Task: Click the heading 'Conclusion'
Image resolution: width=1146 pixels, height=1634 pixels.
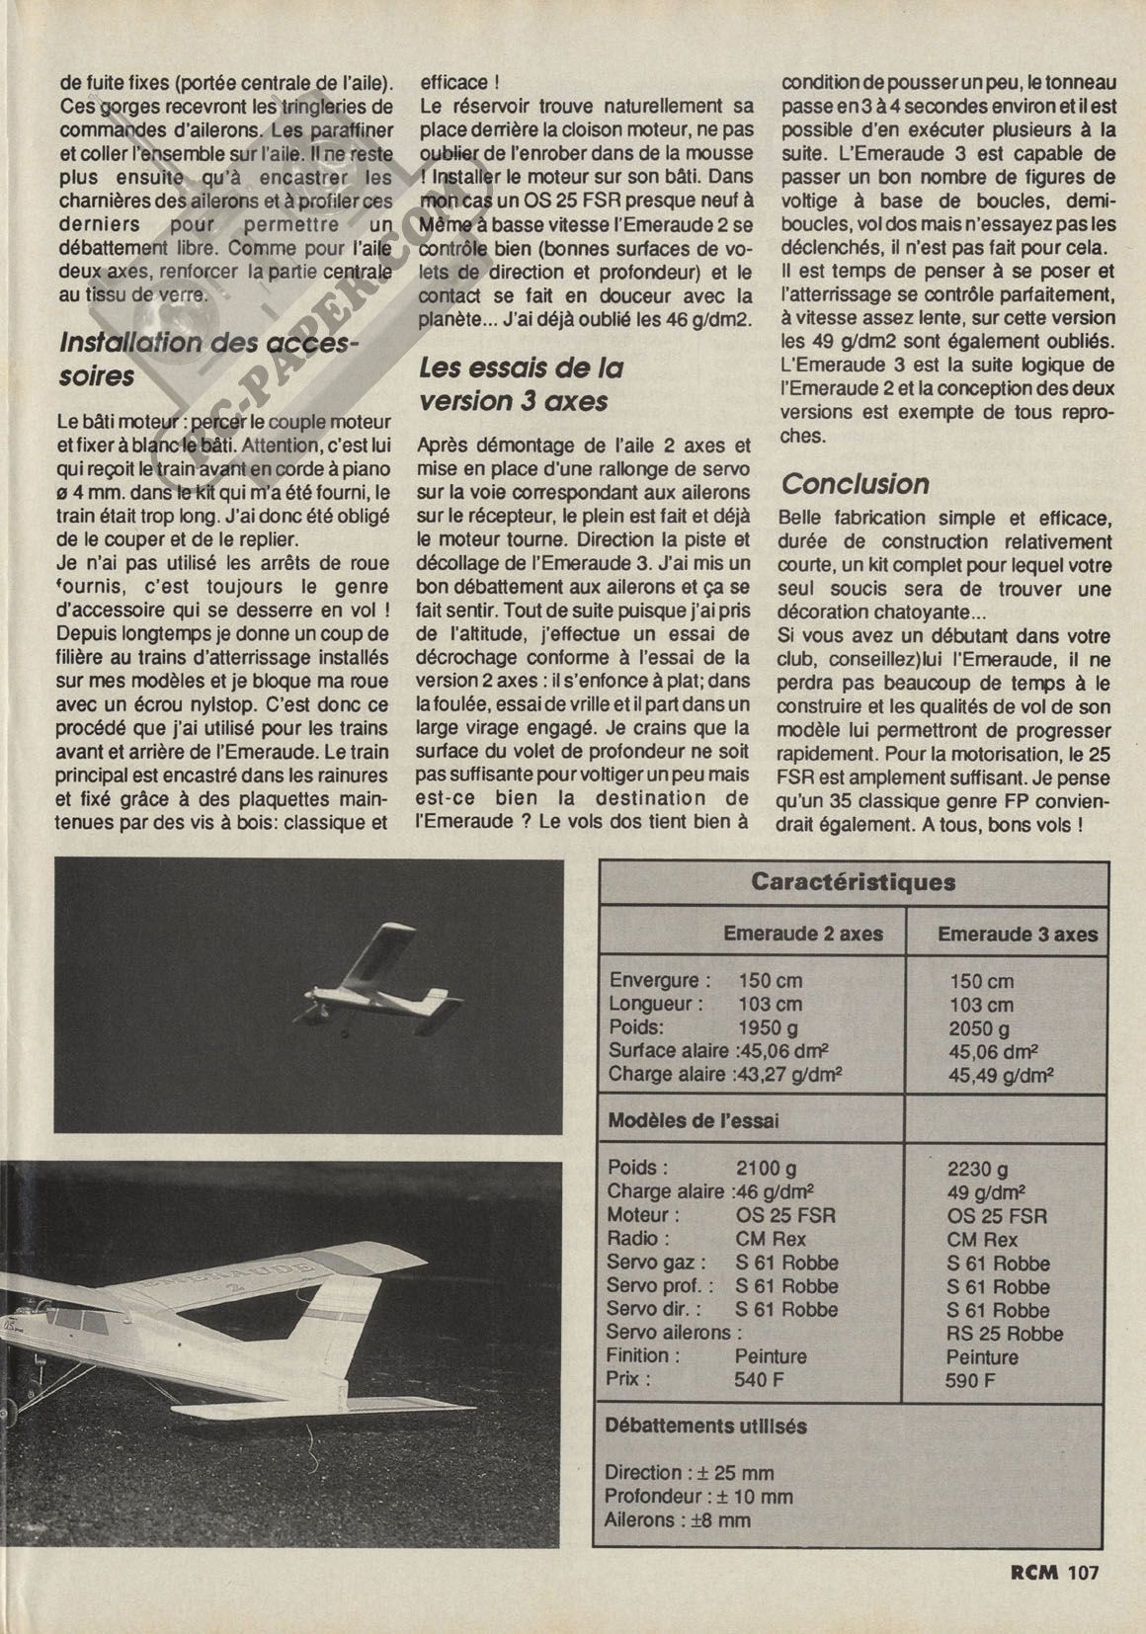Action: tap(856, 484)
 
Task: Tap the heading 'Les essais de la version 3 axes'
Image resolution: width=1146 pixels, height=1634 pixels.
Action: tap(522, 384)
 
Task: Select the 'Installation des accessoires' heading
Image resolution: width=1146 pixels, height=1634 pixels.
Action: tap(209, 359)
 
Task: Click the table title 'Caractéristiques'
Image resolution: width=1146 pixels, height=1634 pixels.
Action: tap(853, 881)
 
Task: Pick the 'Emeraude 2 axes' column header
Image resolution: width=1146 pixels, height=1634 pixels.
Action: tap(803, 934)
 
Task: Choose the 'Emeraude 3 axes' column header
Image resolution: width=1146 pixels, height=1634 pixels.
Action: tap(1018, 934)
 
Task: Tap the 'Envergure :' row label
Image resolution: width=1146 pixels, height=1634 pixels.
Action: tap(660, 981)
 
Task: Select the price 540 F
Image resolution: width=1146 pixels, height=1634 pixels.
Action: tap(759, 1380)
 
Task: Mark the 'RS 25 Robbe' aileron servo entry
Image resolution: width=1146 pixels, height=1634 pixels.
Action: tap(1005, 1334)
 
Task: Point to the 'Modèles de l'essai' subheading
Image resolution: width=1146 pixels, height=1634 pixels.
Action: tap(693, 1121)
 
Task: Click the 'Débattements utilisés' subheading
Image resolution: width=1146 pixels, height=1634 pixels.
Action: tap(706, 1427)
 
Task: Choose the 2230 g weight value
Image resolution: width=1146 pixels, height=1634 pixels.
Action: tap(978, 1170)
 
